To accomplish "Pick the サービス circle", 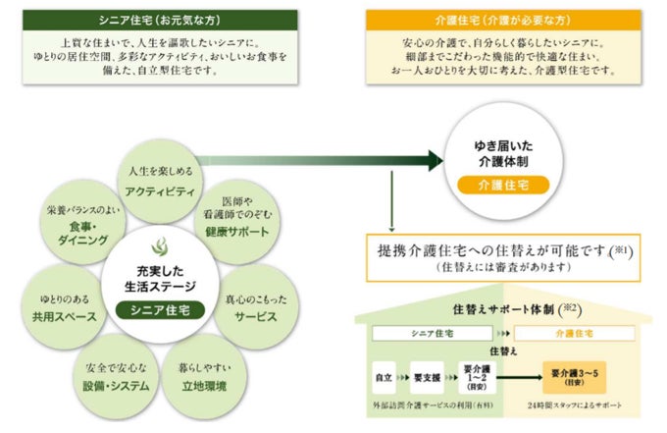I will pyautogui.click(x=257, y=306).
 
